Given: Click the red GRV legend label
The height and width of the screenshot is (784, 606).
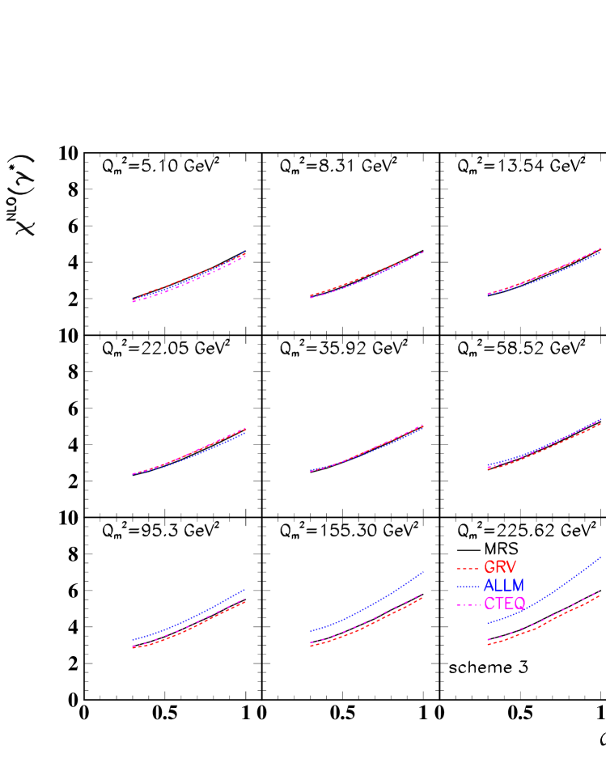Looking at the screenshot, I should tap(499, 567).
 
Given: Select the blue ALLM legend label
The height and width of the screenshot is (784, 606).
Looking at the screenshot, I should tap(503, 585).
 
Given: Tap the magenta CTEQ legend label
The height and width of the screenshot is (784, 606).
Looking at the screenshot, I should tap(504, 604).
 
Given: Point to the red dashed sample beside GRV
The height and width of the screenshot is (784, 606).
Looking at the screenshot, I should tap(468, 569).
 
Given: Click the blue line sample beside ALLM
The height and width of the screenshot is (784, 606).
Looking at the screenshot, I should tap(468, 586).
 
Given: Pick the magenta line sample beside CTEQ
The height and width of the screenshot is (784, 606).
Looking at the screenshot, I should tap(468, 604).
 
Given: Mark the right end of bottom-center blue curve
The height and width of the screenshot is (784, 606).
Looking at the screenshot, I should tap(423, 571).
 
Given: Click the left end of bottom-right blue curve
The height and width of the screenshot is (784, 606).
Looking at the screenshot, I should tap(488, 623).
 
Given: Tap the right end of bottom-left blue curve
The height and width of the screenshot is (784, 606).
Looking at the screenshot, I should tap(245, 590).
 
